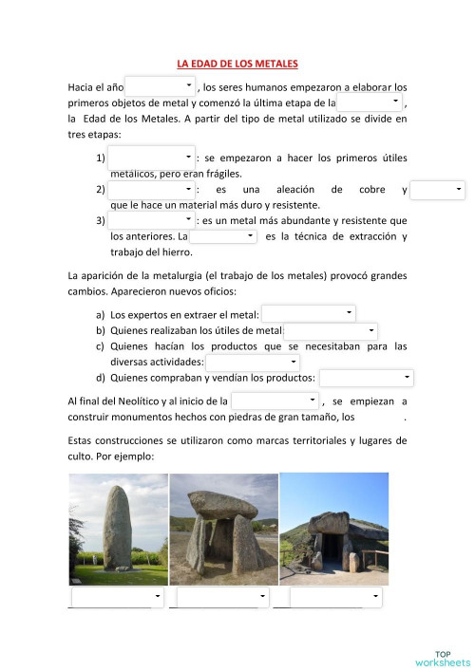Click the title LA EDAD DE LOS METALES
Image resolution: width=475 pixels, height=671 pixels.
237,64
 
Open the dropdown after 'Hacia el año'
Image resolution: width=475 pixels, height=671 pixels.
160,86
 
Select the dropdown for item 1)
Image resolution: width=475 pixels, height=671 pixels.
151,157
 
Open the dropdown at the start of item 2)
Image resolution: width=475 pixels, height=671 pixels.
151,189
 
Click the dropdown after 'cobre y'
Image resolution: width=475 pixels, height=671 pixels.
438,190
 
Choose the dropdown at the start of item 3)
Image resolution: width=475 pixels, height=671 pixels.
151,220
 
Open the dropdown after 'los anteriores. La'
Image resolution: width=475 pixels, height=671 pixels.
223,236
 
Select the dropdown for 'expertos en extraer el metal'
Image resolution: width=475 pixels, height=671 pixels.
309,313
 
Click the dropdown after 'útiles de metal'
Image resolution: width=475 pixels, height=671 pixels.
331,330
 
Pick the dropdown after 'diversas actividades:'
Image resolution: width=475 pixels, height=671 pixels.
253,362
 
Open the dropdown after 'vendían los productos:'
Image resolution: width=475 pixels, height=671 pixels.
366,379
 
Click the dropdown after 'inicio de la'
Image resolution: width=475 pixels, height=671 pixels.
275,401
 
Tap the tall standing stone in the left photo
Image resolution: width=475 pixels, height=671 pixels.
118,528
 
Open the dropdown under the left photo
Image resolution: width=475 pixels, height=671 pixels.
118,598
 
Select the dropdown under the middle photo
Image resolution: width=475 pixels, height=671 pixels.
223,598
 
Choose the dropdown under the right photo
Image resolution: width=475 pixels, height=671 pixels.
335,598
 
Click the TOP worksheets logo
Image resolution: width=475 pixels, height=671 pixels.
443,658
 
